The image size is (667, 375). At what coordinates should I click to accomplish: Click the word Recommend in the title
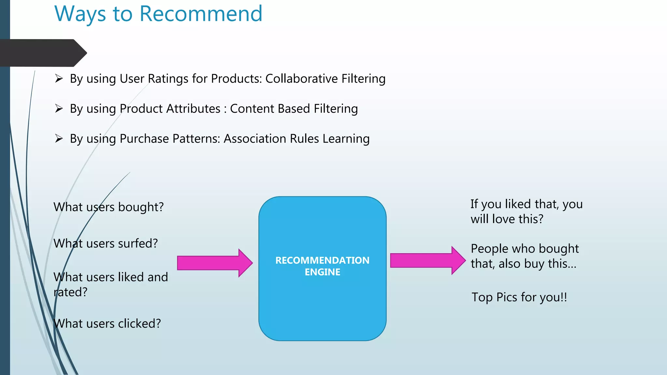click(x=201, y=14)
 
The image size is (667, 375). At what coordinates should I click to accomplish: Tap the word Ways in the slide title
click(x=80, y=14)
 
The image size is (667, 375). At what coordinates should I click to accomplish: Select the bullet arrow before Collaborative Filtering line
click(x=59, y=78)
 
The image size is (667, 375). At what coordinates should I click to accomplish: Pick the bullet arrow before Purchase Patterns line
click(x=59, y=139)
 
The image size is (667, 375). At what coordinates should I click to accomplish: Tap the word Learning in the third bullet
click(x=346, y=139)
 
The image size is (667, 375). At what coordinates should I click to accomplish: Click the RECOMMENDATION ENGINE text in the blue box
click(x=322, y=266)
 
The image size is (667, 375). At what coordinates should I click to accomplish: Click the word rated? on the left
click(x=71, y=292)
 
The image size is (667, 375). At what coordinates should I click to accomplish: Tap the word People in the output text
click(x=490, y=249)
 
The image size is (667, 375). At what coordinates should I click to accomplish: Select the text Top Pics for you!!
click(x=519, y=297)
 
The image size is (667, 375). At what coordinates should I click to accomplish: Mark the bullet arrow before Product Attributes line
click(x=59, y=108)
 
